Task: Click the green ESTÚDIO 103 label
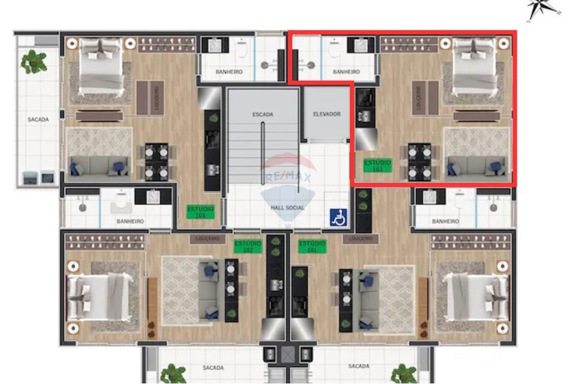[x=378, y=166]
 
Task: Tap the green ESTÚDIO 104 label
[x=200, y=211]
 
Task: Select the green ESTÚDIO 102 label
[x=248, y=246]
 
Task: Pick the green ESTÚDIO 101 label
[x=312, y=246]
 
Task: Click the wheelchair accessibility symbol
[x=338, y=217]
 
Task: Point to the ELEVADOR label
[x=327, y=114]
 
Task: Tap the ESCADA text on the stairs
[x=262, y=115]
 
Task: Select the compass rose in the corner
[x=544, y=9]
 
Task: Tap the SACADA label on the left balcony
[x=38, y=120]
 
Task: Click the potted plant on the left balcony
[x=34, y=62]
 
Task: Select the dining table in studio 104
[x=156, y=162]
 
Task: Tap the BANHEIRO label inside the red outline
[x=346, y=72]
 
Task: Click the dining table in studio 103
[x=419, y=162]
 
